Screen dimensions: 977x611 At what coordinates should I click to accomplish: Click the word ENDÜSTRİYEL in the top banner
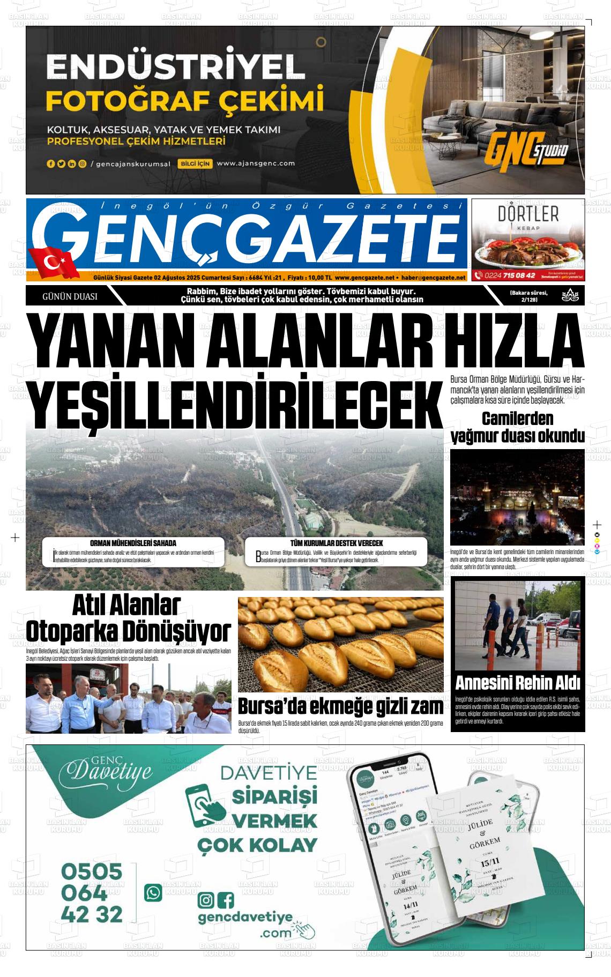175,68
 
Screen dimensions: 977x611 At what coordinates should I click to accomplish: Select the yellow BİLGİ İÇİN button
196,163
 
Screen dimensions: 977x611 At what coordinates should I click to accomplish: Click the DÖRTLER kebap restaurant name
528,214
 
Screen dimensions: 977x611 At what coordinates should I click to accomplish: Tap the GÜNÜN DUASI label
70,296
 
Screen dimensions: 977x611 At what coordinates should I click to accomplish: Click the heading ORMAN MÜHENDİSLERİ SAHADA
133,543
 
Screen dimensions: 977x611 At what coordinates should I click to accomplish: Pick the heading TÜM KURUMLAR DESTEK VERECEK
337,543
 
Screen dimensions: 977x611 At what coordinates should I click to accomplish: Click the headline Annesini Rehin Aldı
518,683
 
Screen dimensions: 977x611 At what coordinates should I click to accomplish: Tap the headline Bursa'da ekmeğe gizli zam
340,706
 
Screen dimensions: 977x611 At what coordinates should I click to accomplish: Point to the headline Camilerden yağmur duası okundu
517,428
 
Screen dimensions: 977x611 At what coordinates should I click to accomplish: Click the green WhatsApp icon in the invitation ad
153,892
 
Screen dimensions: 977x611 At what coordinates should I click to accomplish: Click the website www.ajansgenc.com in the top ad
256,163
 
